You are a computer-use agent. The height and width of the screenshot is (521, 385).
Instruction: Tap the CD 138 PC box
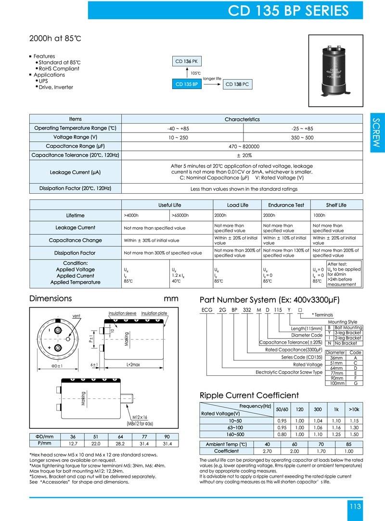(x=238, y=85)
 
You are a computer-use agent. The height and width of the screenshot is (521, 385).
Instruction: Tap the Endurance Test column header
(x=286, y=205)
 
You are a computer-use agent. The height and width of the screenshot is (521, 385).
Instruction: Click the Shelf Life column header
(x=336, y=205)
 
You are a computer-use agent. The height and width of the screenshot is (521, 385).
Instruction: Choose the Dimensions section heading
(x=51, y=298)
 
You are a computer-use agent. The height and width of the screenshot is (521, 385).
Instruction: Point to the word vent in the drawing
(x=76, y=316)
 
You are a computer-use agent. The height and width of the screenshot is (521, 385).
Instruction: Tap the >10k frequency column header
(x=354, y=409)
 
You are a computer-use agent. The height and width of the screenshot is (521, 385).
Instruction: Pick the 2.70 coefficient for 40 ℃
(x=267, y=451)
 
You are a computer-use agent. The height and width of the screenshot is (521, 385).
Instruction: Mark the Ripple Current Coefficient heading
(x=249, y=395)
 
